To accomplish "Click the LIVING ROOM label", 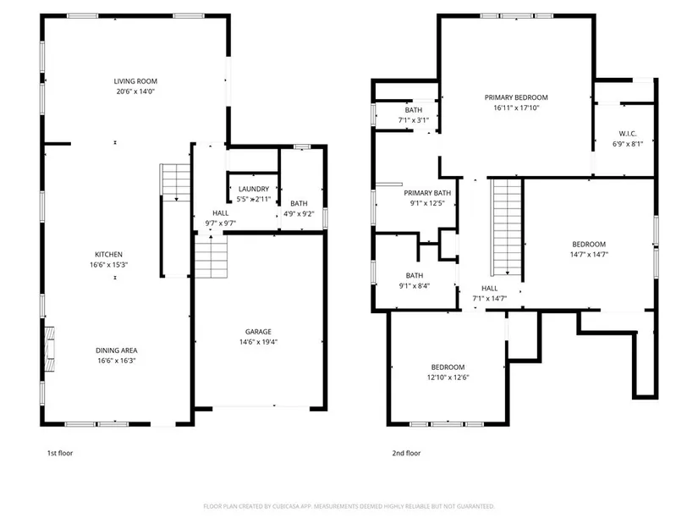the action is pos(135,81).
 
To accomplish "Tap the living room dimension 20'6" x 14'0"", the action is pos(135,91).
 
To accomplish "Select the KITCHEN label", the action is pos(108,255).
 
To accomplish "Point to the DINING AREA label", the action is pos(117,350).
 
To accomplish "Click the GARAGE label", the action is pos(258,332).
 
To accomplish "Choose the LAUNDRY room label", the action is pos(254,189).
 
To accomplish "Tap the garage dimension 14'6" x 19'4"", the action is pos(258,342).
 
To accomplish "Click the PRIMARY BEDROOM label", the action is pos(516,97).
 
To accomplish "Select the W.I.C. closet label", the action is pos(628,134).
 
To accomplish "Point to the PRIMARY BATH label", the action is pos(427,193).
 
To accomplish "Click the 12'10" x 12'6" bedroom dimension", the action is pos(448,378).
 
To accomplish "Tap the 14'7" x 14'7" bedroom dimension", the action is pos(589,255).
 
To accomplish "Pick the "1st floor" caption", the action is pos(60,453).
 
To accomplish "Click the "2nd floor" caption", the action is pos(406,453).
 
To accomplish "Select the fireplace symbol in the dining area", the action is pos(49,350).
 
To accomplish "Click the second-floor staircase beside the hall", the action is pos(506,227).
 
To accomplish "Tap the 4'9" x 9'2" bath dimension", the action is pos(299,213).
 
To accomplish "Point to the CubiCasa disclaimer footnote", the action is pos(349,506).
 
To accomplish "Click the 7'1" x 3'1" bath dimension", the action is pos(414,120).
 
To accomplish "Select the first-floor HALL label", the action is pos(220,213).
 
